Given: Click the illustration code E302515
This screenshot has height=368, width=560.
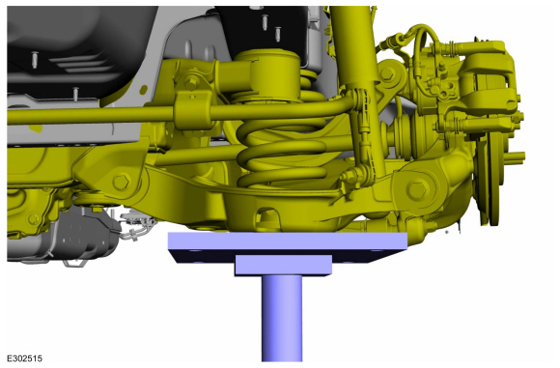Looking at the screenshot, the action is [x=25, y=358].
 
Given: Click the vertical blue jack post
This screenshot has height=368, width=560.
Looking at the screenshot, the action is [x=282, y=318].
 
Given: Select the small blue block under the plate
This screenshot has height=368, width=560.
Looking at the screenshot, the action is [x=283, y=265].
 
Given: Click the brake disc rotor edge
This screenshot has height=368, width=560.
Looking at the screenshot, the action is [x=494, y=179].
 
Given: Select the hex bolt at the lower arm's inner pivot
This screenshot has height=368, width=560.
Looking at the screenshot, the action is [x=122, y=182].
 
